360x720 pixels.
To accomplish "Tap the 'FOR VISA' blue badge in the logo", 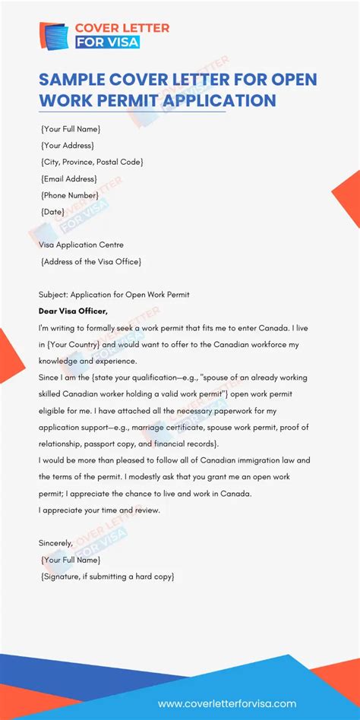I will pyautogui.click(x=108, y=43).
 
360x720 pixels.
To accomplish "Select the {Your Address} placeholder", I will pyautogui.click(x=68, y=145).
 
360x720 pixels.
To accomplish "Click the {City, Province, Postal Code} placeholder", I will pyautogui.click(x=92, y=162).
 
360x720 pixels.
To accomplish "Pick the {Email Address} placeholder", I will pyautogui.click(x=68, y=178).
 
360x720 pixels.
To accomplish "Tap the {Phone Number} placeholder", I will pyautogui.click(x=70, y=195).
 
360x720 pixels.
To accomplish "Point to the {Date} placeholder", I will pyautogui.click(x=52, y=212).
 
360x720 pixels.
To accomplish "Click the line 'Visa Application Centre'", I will pyautogui.click(x=81, y=245).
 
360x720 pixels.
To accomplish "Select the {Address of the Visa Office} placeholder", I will pyautogui.click(x=91, y=261).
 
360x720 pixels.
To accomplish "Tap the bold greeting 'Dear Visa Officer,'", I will pyautogui.click(x=73, y=310).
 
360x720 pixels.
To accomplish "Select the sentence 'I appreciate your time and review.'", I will pyautogui.click(x=99, y=510).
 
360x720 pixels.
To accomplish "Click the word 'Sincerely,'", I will pyautogui.click(x=55, y=543).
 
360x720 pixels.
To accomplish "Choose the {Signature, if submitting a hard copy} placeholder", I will pyautogui.click(x=108, y=576).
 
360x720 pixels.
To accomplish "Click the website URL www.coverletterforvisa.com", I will pyautogui.click(x=227, y=703).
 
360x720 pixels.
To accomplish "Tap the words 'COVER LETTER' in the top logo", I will pyautogui.click(x=122, y=28).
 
